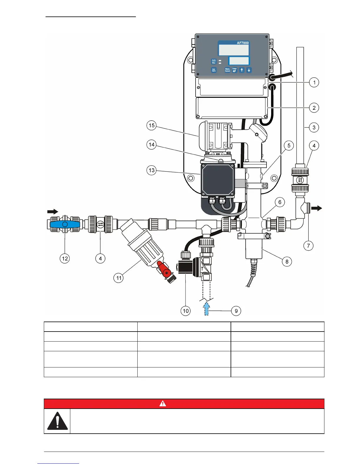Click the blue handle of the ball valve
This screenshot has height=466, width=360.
65,224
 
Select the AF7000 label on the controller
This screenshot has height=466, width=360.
243,43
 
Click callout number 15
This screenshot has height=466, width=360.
151,126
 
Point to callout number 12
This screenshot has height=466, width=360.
65,259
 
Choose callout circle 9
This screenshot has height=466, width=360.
236,311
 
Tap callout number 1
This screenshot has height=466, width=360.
314,82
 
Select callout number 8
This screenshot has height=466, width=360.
287,262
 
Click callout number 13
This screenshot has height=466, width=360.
151,170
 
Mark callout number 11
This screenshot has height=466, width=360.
119,278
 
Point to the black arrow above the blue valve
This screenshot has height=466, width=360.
53,212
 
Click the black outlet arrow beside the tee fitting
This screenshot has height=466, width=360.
317,208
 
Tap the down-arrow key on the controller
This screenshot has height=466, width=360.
249,70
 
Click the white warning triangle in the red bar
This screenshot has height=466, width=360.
163,404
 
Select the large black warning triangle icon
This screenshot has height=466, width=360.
57,421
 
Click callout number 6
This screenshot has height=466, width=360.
280,202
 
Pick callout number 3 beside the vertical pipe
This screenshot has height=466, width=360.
314,127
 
